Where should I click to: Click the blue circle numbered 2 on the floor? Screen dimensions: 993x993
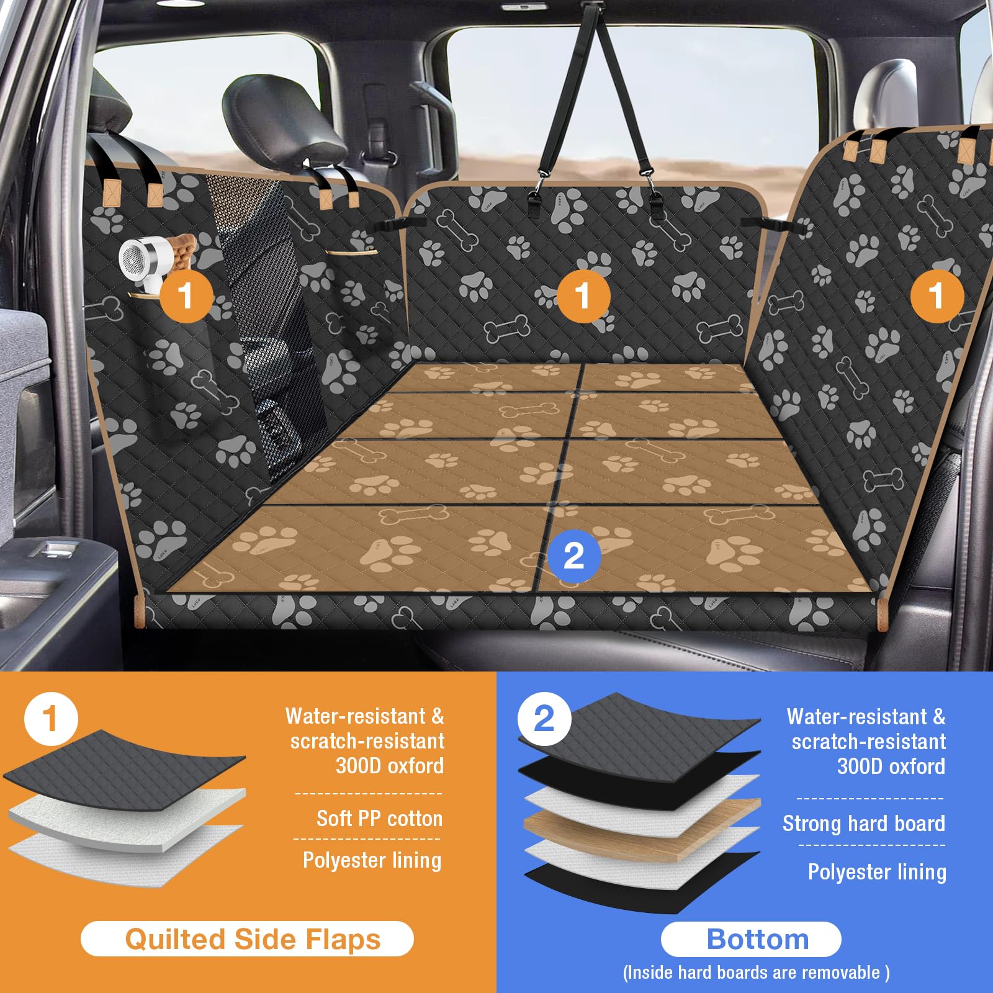pos(574,555)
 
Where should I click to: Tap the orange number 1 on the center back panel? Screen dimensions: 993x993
pos(583,295)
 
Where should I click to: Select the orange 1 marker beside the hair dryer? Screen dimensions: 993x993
pos(186,295)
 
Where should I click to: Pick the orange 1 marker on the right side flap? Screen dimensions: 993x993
pos(937,295)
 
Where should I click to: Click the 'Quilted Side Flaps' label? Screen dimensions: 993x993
pos(247,939)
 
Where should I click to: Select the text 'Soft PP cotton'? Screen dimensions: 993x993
pos(379,819)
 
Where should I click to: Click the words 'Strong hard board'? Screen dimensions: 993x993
pos(863,824)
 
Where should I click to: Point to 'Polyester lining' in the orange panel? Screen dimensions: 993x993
pos(372,860)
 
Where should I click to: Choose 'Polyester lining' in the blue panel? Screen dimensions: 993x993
pos(876,872)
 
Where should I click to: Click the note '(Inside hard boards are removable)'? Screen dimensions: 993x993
pos(756,973)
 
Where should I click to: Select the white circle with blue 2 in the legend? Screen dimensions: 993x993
pos(544,719)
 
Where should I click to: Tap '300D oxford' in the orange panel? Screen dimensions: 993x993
pos(390,766)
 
